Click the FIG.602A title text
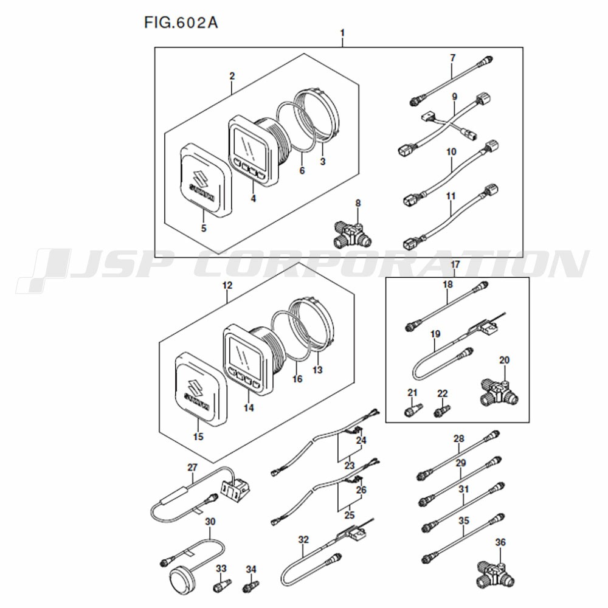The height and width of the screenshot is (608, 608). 181,22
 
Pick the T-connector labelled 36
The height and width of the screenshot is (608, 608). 496,574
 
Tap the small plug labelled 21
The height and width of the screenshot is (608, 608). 413,410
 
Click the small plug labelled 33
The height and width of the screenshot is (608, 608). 222,585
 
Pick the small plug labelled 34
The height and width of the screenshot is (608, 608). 251,586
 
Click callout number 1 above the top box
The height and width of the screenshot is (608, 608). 342,33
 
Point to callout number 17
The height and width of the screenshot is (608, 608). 455,264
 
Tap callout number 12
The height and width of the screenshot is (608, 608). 227,286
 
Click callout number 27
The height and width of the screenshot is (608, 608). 193,468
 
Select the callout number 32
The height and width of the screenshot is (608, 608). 303,539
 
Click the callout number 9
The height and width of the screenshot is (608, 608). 454,97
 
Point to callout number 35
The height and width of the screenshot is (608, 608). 464,520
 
